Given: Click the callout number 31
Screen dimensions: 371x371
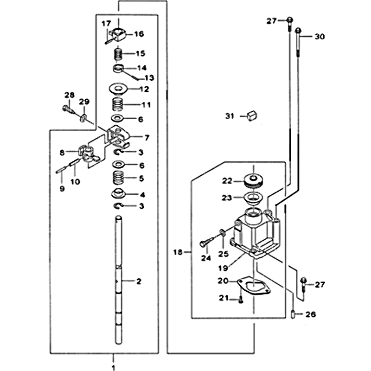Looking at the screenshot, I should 230,116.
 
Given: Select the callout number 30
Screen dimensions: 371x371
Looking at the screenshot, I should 320,37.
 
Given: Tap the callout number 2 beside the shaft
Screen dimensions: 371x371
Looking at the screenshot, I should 138,281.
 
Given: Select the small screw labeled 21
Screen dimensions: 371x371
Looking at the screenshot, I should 241,300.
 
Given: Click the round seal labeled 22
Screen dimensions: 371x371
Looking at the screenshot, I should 254,180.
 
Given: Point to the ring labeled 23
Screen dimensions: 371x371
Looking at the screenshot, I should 254,198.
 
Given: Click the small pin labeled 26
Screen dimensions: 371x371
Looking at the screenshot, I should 294,314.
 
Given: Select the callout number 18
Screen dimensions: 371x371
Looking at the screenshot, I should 178,252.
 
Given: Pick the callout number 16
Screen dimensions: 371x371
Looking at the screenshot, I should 139,34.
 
